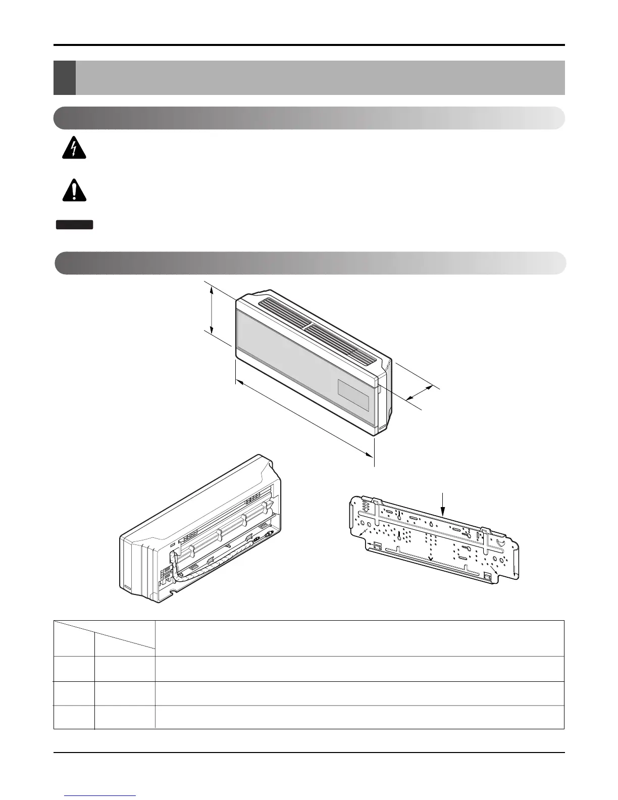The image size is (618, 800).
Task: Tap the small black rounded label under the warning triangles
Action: [x=75, y=225]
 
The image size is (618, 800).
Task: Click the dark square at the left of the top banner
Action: [x=64, y=78]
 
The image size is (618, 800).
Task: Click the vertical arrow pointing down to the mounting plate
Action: [x=443, y=502]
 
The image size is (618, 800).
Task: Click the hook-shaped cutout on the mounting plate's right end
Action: [x=500, y=542]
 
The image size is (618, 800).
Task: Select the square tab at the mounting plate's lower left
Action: [x=377, y=545]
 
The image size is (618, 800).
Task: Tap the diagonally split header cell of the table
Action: [x=104, y=638]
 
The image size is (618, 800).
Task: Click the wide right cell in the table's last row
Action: [x=359, y=717]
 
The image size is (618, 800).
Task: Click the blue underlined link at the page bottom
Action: [x=100, y=796]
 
